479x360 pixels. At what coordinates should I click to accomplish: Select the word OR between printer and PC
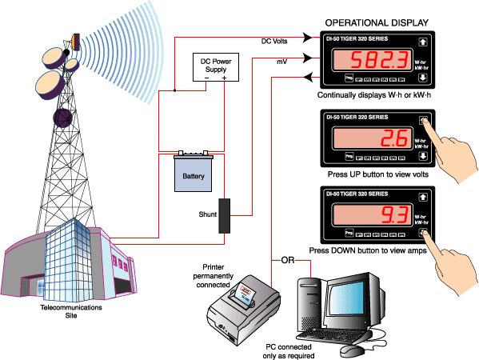(289, 260)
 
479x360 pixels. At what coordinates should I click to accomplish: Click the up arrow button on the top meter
(423, 42)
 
